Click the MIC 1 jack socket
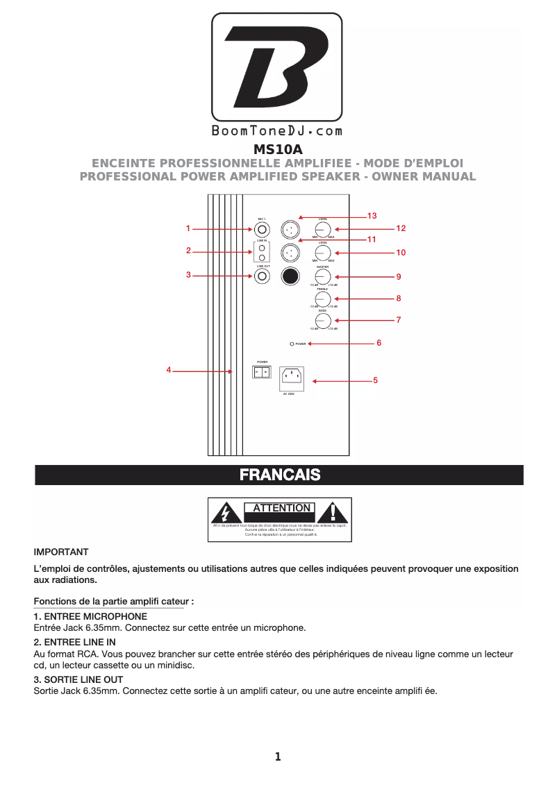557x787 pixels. [262, 228]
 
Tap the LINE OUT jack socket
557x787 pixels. [262, 276]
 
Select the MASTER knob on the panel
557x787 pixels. [322, 276]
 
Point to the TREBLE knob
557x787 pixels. [322, 298]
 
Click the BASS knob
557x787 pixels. [322, 320]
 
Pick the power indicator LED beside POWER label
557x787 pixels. [292, 344]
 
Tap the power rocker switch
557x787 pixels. [261, 372]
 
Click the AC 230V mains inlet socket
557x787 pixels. [291, 378]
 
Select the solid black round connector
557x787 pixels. [290, 276]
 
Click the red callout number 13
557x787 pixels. [372, 217]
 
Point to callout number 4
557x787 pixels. [169, 370]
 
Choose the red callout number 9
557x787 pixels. [399, 276]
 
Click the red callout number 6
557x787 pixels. [379, 343]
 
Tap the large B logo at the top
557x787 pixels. [276, 67]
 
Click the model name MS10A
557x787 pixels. [278, 149]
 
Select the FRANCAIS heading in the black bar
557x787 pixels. [279, 475]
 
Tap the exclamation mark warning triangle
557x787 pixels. [334, 513]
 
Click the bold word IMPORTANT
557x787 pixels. [61, 552]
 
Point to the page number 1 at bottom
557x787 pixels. [278, 757]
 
